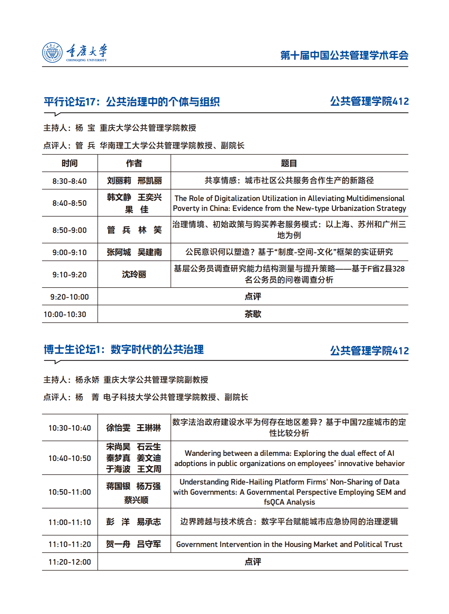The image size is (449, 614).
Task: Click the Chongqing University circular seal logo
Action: tap(52, 52)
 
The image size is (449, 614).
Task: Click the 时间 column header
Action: tap(70, 163)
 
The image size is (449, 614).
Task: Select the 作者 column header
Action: tap(134, 163)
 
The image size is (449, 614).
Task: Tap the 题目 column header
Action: tap(289, 163)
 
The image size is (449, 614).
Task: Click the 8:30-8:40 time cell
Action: tap(70, 181)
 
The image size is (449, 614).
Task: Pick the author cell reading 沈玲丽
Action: tap(134, 274)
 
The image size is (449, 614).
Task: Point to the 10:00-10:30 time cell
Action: tap(65, 314)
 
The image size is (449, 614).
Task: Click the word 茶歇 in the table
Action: tap(253, 314)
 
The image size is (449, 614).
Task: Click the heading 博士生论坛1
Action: tap(73, 350)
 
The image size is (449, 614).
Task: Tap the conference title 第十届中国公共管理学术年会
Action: tap(344, 55)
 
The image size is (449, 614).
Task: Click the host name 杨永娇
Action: tap(87, 379)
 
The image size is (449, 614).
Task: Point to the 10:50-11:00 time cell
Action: tap(70, 492)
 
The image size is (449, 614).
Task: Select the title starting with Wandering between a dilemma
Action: tap(289, 458)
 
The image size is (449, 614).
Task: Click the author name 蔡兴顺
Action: tap(136, 500)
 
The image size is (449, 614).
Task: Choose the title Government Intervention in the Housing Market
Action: tap(289, 544)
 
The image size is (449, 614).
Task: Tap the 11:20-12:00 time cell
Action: tap(70, 562)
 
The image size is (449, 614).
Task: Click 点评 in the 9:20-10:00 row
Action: tap(253, 296)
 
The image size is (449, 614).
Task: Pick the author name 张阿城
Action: tap(119, 252)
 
